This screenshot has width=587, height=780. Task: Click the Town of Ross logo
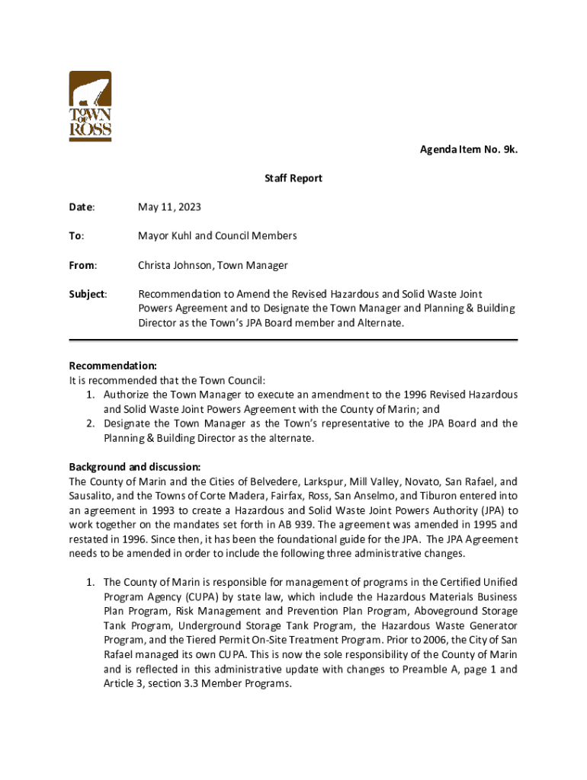pos(91,106)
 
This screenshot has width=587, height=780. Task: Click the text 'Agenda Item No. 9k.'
pos(469,149)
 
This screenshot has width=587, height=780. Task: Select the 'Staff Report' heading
pos(293,178)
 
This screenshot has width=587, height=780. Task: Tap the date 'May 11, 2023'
pos(169,207)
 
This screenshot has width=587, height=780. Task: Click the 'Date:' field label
pos(82,207)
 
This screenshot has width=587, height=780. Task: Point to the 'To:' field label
pos(77,236)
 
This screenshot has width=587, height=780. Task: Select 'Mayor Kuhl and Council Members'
pos(217,236)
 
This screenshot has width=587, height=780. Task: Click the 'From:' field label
pos(83,265)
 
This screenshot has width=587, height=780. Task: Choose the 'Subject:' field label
pos(88,294)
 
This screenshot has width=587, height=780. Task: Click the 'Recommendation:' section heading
pos(113,366)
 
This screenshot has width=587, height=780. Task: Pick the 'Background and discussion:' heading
pos(135,466)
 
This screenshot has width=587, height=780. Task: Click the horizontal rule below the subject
pos(293,340)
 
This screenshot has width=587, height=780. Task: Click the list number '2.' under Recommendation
pos(90,424)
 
